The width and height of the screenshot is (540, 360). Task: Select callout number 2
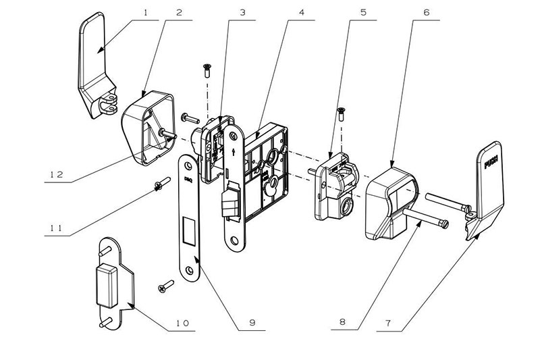(x=178, y=13)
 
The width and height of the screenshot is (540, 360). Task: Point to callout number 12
(x=56, y=175)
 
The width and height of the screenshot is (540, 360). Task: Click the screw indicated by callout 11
(x=161, y=184)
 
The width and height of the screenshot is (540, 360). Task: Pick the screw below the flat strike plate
(x=165, y=288)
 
